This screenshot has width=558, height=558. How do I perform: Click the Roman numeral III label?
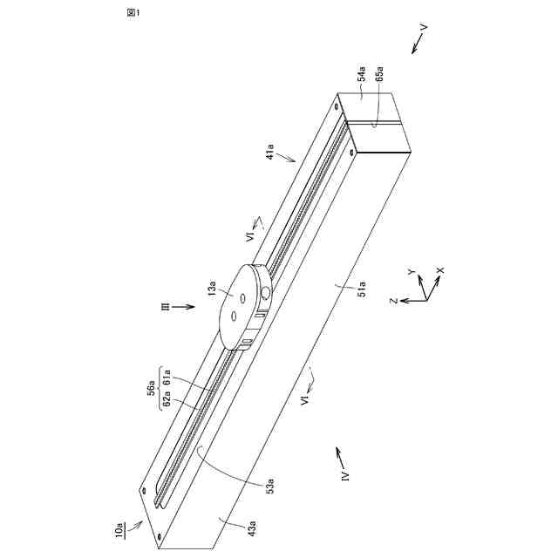(161, 306)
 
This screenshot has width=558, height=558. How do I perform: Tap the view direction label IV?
(345, 476)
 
